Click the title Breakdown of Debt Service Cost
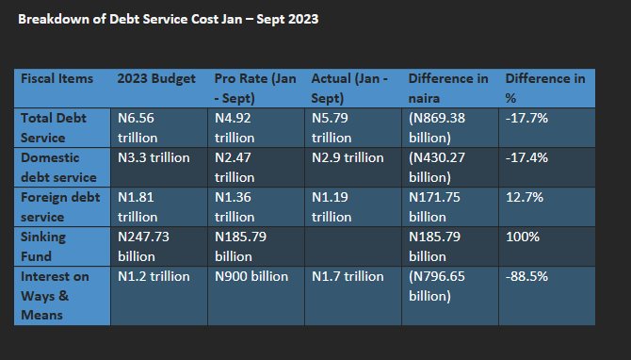[x=169, y=20]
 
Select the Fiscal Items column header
[x=57, y=78]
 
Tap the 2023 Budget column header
[x=156, y=79]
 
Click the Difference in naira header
[x=448, y=89]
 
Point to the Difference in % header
[x=545, y=89]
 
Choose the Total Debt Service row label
[x=53, y=127]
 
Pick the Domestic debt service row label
[x=58, y=167]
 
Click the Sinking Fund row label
[x=43, y=247]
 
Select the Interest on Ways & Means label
[x=55, y=296]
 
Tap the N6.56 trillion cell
[x=138, y=127]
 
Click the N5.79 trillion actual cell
[x=332, y=127]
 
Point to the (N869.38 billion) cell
[x=437, y=127]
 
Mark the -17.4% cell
[x=526, y=157]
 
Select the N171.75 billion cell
[x=434, y=207]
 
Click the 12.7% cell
[x=525, y=197]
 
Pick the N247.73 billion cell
[x=143, y=247]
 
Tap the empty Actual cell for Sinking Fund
[x=353, y=247]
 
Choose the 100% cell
[x=523, y=237]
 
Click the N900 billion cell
[x=251, y=276]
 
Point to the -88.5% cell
[x=526, y=276]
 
